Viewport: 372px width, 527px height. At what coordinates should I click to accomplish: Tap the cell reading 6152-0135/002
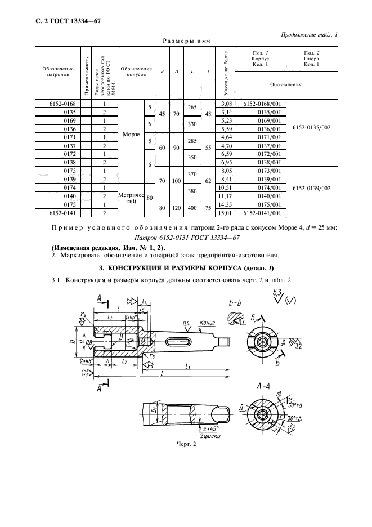click(x=312, y=128)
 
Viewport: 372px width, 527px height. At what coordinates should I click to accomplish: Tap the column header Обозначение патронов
click(x=57, y=71)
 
